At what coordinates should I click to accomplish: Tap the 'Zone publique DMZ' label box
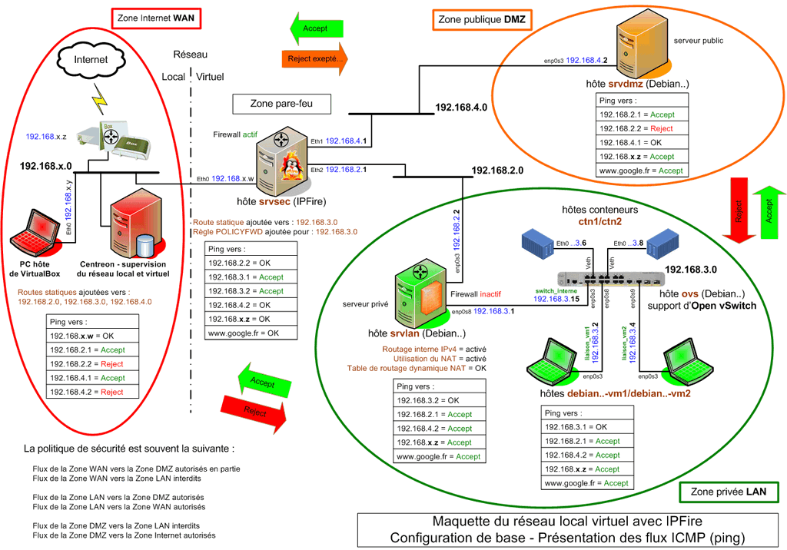pyautogui.click(x=481, y=20)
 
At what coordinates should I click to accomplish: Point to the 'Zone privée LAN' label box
pyautogui.click(x=730, y=492)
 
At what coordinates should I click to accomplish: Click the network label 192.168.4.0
pyautogui.click(x=461, y=108)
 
